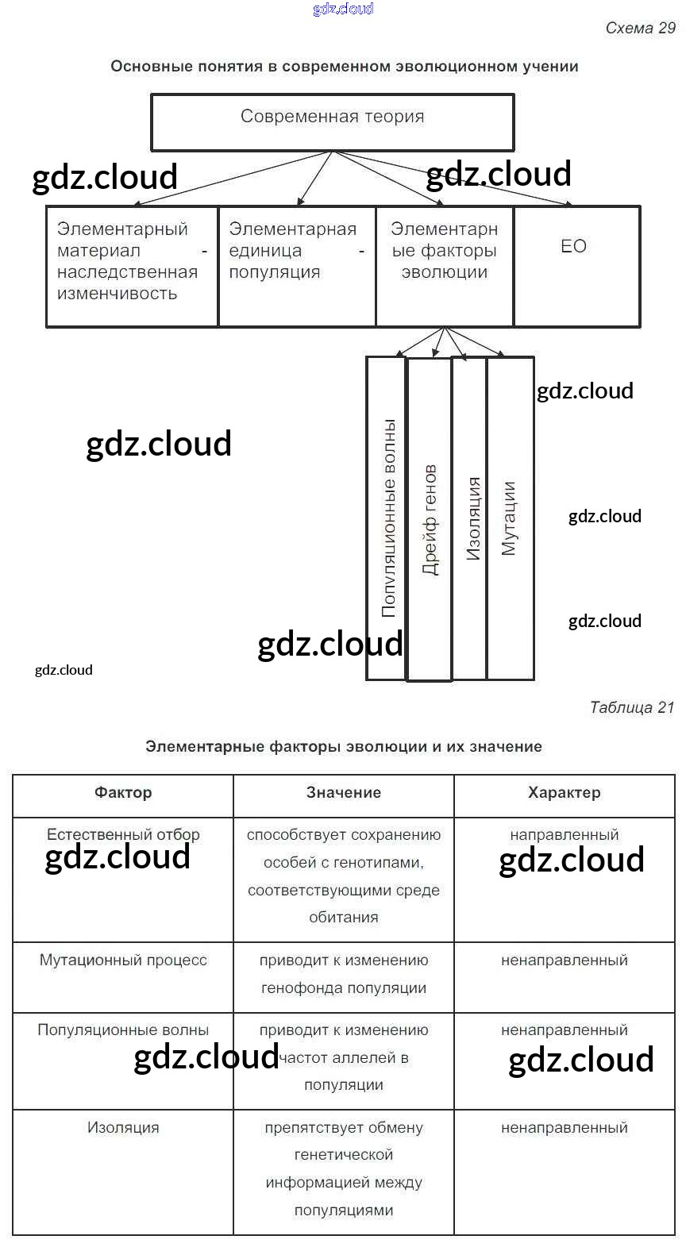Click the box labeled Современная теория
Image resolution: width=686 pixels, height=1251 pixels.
coord(332,121)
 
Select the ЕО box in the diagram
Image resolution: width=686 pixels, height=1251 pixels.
coord(576,265)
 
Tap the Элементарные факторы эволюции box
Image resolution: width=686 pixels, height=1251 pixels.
coord(444,265)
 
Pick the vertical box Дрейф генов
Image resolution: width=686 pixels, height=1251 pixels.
coord(429,519)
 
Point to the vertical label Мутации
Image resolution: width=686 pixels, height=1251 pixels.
coord(509,518)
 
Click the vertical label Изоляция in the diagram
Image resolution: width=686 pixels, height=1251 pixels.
coord(473,519)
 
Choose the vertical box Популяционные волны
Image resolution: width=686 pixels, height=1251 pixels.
coord(387,518)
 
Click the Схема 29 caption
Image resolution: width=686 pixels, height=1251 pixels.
coord(640,29)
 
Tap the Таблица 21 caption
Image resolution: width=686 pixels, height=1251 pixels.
coord(631,707)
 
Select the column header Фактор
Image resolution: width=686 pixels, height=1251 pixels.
coord(123,793)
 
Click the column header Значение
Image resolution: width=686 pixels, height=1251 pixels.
coord(344,793)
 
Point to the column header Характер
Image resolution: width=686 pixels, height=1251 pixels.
coord(564,793)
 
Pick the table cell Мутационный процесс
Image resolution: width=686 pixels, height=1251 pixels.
coord(123,960)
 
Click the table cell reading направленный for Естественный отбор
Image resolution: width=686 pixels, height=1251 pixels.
coord(564,835)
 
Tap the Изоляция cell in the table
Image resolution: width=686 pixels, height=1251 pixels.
coord(123,1128)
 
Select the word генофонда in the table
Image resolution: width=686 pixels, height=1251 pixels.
coord(296,988)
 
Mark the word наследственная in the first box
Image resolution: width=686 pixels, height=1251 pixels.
coord(127,272)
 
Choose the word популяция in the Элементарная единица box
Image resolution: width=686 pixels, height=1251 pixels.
coord(274,272)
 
